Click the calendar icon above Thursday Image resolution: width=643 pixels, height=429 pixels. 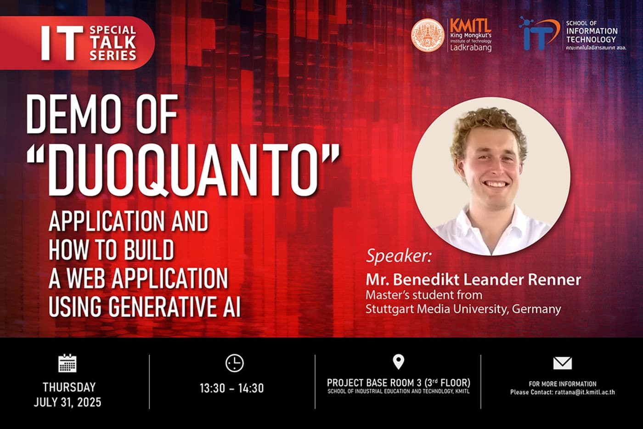[68, 363]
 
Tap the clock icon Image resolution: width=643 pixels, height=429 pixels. [234, 363]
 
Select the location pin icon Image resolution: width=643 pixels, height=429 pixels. [398, 362]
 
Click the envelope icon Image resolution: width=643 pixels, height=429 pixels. [562, 363]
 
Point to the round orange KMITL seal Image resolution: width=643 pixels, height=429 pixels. [428, 35]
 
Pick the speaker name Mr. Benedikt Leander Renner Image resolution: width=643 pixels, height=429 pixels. [473, 279]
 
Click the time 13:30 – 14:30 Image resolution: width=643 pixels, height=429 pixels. [232, 388]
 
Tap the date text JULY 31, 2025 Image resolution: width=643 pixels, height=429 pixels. [68, 402]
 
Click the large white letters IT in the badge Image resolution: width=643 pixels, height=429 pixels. [62, 43]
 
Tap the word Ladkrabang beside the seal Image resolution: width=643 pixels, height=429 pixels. [470, 47]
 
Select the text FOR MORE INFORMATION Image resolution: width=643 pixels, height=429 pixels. [562, 384]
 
